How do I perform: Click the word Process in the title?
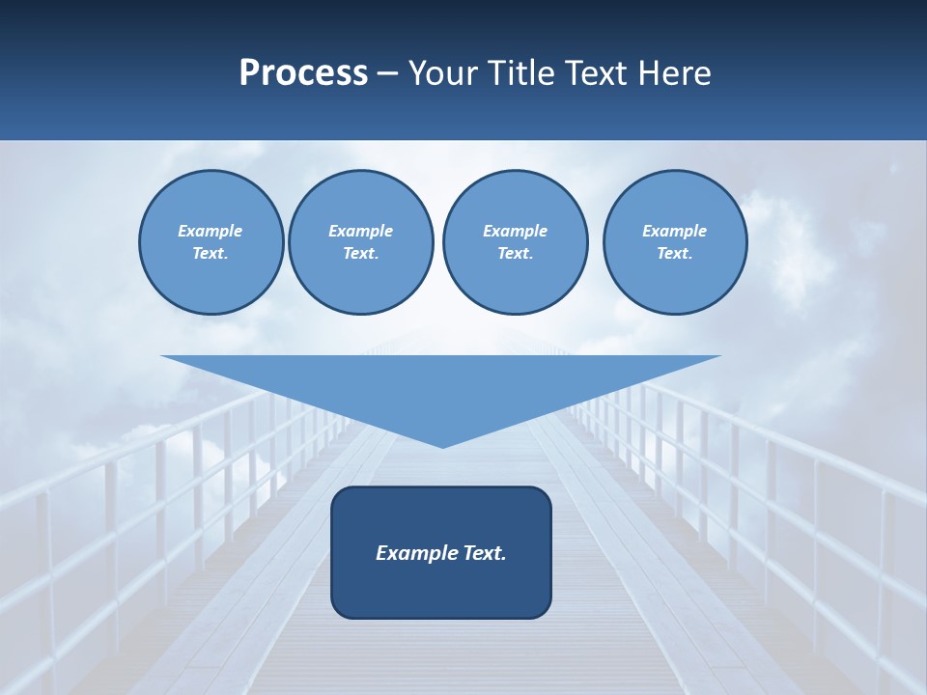coord(303,73)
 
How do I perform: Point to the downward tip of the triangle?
coord(442,445)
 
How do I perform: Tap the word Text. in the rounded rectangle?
coord(483,553)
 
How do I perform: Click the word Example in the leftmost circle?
coord(211,231)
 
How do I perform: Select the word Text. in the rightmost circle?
coord(674,254)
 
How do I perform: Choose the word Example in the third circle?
coord(515,231)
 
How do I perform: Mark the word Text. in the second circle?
coord(360,254)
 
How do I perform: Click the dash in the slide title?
coord(388,73)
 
